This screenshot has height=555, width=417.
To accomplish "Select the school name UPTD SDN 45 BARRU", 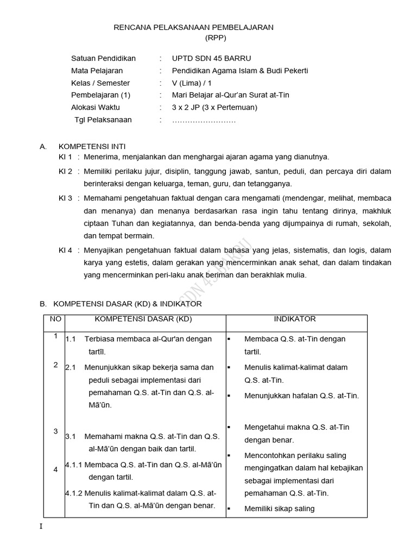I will point(211,59).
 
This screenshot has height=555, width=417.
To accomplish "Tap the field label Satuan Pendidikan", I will point(103,59).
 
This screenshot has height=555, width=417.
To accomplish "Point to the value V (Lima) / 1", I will point(192,83).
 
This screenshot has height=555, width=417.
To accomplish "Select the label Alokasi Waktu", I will point(96,107).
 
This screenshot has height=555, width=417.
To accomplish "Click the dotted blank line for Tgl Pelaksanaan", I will point(204,120).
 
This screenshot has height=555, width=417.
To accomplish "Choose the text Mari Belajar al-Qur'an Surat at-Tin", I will point(230,95).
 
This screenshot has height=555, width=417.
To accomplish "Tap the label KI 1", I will point(65,157).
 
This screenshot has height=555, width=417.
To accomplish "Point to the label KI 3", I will point(65,198).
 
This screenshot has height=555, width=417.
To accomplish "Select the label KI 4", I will point(65,250).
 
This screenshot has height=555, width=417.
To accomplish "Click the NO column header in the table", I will point(55,319).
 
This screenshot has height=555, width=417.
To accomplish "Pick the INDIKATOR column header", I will point(295,319).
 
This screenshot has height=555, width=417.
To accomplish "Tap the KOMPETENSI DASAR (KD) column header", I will point(143,319).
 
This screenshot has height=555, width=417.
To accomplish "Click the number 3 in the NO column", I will point(55,431).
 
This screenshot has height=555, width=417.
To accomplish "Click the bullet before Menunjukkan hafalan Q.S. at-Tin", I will point(229,396).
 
